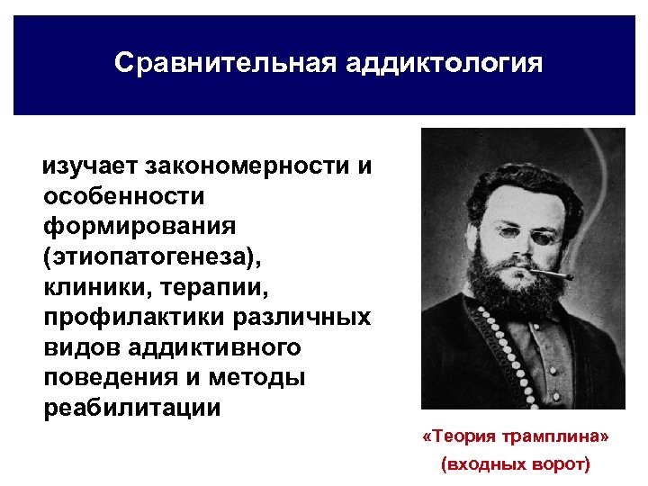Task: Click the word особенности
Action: (123, 195)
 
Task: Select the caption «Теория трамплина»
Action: (516, 436)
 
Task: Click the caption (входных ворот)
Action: (515, 465)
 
